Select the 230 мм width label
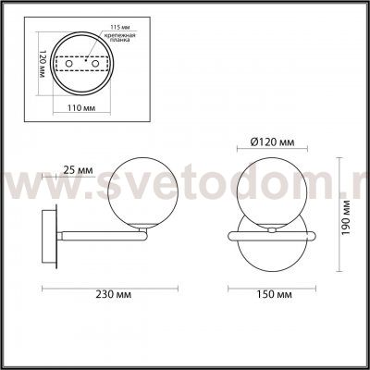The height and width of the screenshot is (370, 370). point(111,295)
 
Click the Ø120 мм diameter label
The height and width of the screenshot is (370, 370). point(273,142)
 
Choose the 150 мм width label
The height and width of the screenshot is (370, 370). point(273,295)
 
